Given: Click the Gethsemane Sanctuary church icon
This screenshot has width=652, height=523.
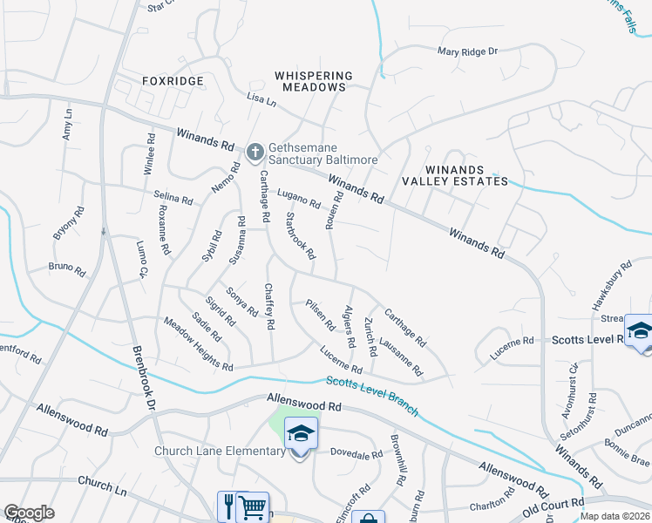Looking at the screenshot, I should pos(255,153).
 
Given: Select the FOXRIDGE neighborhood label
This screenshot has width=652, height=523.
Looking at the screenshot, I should pos(173,81).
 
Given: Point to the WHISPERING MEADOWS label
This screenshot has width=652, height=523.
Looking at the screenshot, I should pos(314,82).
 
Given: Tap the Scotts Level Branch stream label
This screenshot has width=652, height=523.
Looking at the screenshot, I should pos(372,396).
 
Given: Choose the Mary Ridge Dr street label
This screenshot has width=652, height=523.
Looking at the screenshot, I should pos(467,52).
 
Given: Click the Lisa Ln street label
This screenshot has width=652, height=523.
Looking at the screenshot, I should pos(261,99).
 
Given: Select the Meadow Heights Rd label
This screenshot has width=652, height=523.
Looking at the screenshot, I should pos(198,343).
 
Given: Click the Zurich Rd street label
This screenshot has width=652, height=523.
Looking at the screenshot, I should pos(370,336).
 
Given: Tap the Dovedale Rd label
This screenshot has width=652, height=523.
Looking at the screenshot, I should pos(357,454).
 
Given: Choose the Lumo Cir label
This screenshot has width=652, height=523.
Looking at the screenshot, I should pos(142,260).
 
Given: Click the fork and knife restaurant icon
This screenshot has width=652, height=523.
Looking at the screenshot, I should pos(229,507).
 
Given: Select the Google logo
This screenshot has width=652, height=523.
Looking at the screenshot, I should pos(29,513).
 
